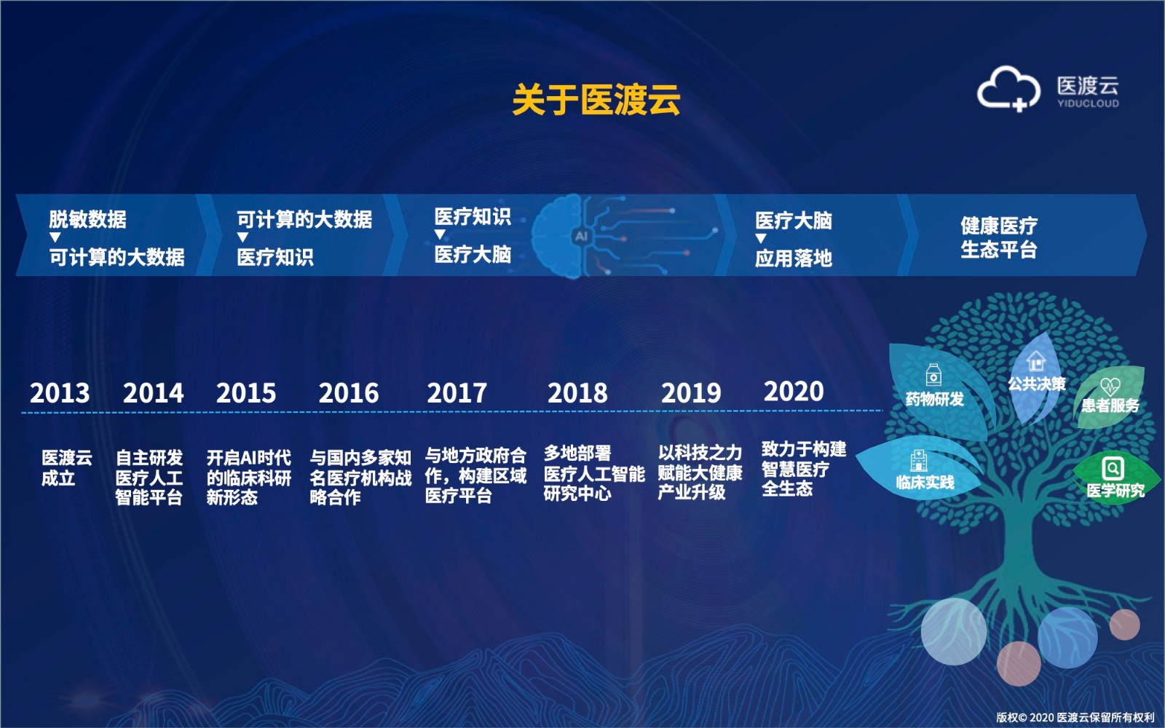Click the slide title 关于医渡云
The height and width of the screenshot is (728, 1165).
pyautogui.click(x=596, y=99)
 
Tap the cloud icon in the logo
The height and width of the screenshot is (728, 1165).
pyautogui.click(x=1008, y=88)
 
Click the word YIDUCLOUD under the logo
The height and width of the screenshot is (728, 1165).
pyautogui.click(x=1088, y=103)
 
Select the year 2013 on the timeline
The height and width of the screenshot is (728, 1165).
pyautogui.click(x=59, y=392)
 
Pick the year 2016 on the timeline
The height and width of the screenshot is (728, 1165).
pyautogui.click(x=349, y=392)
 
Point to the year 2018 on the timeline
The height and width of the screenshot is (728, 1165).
pyautogui.click(x=577, y=392)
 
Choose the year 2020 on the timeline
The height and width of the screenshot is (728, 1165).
pyautogui.click(x=794, y=391)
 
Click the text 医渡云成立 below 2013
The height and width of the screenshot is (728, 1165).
pyautogui.click(x=66, y=468)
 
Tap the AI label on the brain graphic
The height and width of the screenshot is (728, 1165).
pyautogui.click(x=581, y=236)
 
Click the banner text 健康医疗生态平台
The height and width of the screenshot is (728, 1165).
pyautogui.click(x=998, y=237)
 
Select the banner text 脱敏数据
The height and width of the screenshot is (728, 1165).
pyautogui.click(x=87, y=219)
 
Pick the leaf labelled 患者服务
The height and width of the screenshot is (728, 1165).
pyautogui.click(x=1110, y=398)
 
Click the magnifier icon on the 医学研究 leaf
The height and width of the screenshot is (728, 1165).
pyautogui.click(x=1113, y=469)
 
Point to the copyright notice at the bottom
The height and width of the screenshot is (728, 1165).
pyautogui.click(x=1075, y=718)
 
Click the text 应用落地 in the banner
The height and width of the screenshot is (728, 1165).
pyautogui.click(x=794, y=258)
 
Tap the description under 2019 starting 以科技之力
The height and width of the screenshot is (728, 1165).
pyautogui.click(x=700, y=472)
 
